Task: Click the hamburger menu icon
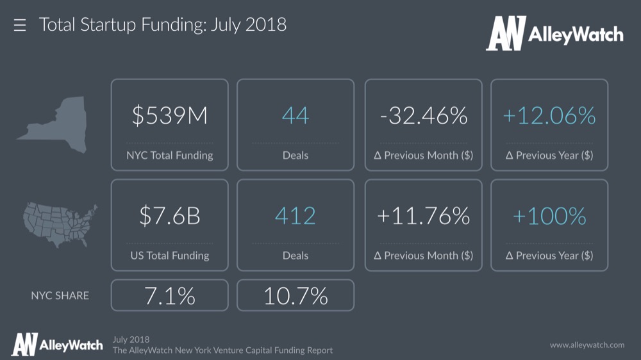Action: pyautogui.click(x=20, y=26)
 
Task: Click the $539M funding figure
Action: pyautogui.click(x=169, y=116)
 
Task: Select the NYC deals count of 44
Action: pyautogui.click(x=296, y=116)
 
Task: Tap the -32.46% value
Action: pyautogui.click(x=423, y=116)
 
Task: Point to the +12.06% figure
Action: pyautogui.click(x=549, y=116)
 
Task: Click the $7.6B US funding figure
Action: pyautogui.click(x=169, y=217)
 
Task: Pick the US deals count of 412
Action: pyautogui.click(x=296, y=217)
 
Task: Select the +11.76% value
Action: pyautogui.click(x=423, y=217)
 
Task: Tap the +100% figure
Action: pyautogui.click(x=549, y=217)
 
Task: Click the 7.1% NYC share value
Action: pyautogui.click(x=169, y=295)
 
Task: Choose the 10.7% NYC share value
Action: pyautogui.click(x=296, y=295)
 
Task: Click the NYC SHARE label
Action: pyautogui.click(x=60, y=295)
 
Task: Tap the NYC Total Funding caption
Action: pyautogui.click(x=169, y=155)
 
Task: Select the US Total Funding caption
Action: pyautogui.click(x=169, y=255)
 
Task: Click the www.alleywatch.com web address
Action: pyautogui.click(x=587, y=345)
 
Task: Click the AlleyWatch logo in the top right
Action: pyautogui.click(x=554, y=34)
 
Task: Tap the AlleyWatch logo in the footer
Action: pyautogui.click(x=56, y=345)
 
